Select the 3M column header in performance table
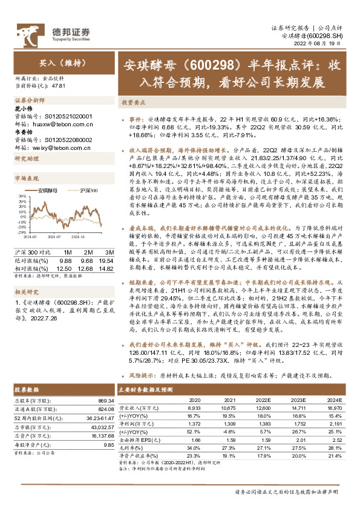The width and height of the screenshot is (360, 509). tap(109, 251)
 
